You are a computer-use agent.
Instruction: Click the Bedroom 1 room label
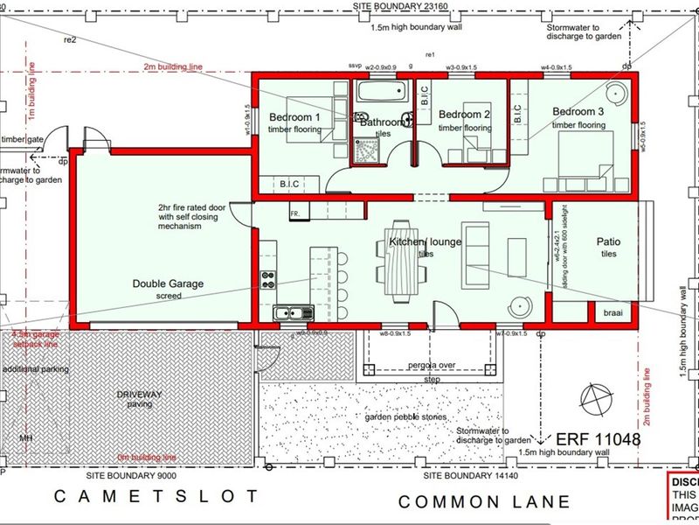(294, 117)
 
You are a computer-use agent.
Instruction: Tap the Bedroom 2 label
(464, 115)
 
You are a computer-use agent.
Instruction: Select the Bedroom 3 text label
(578, 111)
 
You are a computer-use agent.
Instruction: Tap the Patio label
(608, 241)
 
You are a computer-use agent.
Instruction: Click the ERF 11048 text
(592, 439)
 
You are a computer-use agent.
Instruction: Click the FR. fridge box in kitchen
(297, 213)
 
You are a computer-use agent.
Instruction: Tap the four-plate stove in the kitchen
(268, 280)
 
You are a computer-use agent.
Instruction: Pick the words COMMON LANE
(485, 501)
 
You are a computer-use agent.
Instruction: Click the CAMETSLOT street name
(157, 496)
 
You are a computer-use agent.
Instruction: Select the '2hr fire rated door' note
(192, 207)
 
